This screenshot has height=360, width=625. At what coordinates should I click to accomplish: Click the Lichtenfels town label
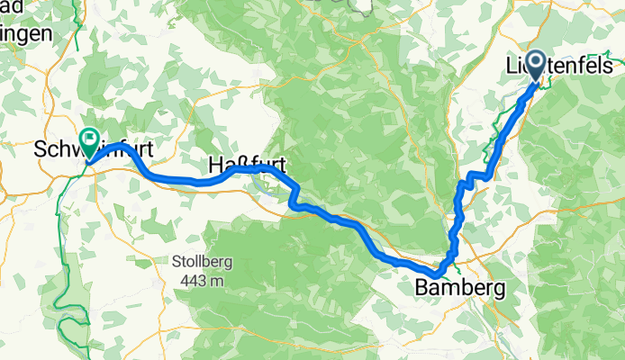(562, 67)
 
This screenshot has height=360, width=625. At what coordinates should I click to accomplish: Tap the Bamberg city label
(459, 289)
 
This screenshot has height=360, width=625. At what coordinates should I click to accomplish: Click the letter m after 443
(214, 281)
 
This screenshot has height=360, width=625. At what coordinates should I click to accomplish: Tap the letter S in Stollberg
(176, 264)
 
